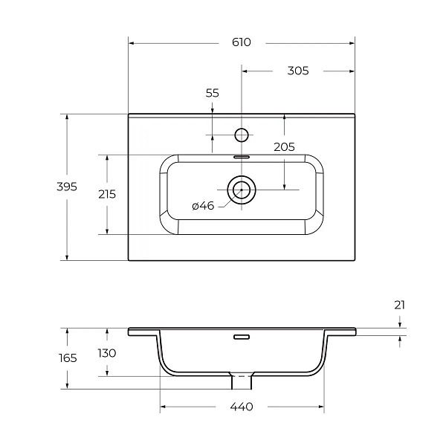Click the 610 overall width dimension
[242, 42]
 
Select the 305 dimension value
[298, 71]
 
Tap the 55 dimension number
[213, 93]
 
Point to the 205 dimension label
[284, 147]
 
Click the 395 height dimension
[67, 187]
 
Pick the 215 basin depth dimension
[107, 194]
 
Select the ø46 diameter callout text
[203, 206]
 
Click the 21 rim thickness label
[400, 306]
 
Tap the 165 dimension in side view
[68, 358]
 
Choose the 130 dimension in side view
[107, 353]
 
